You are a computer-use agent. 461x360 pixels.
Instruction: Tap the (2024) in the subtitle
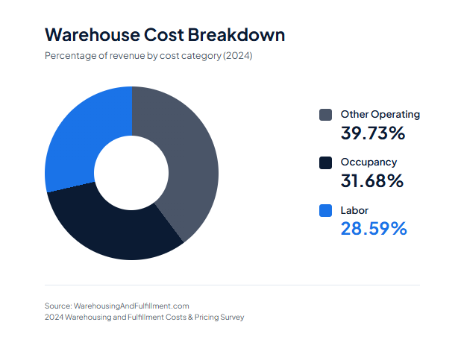tap(238, 55)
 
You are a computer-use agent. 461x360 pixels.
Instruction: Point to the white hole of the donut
tap(131, 173)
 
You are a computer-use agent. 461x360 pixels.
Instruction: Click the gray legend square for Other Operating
tap(325, 115)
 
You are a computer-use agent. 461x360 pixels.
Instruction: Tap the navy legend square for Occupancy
tap(325, 162)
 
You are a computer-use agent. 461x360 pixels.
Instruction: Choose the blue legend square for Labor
tap(325, 211)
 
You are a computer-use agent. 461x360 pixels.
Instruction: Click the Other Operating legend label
tap(380, 115)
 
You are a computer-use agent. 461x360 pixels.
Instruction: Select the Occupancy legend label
tap(369, 162)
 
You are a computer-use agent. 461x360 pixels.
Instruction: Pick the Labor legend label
tap(354, 211)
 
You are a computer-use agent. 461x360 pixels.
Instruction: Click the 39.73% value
tap(372, 134)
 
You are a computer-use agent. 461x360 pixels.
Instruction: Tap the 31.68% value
tap(371, 181)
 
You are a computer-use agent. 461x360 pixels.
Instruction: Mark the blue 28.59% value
tap(374, 229)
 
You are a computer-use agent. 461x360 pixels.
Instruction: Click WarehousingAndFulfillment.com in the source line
tap(131, 306)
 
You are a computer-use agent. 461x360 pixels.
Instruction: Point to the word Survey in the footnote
tap(230, 317)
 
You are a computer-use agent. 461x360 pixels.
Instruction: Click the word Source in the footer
tap(57, 306)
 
